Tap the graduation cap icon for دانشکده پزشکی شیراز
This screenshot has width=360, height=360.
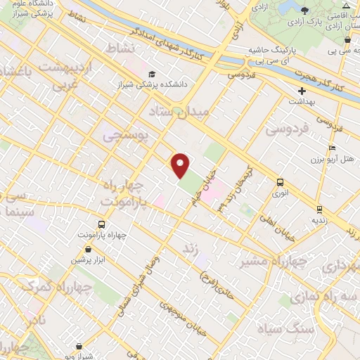(150, 74)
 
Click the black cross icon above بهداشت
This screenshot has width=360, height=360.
(302, 91)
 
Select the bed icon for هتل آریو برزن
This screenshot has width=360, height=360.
(332, 149)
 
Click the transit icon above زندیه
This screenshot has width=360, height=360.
(319, 209)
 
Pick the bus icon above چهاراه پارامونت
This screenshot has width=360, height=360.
(102, 224)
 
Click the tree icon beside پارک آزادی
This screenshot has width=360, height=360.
(304, 10)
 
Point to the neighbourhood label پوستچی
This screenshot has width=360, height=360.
(127, 136)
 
